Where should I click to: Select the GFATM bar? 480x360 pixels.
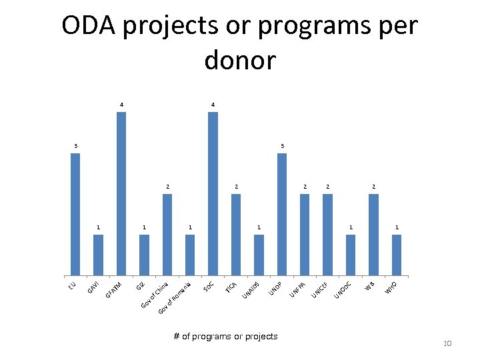pos(121,194)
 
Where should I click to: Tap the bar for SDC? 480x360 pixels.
pos(213,194)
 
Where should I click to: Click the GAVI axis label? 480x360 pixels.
pos(94,288)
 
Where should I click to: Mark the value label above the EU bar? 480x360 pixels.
pos(75,145)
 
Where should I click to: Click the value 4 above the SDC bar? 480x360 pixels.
pos(213,105)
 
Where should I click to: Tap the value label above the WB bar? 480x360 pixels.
pos(374,186)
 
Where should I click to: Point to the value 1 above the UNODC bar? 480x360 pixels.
pos(351,227)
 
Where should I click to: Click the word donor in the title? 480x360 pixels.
pos(239,61)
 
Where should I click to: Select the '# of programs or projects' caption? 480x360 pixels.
pos(225,336)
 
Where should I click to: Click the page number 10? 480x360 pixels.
pos(447,343)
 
